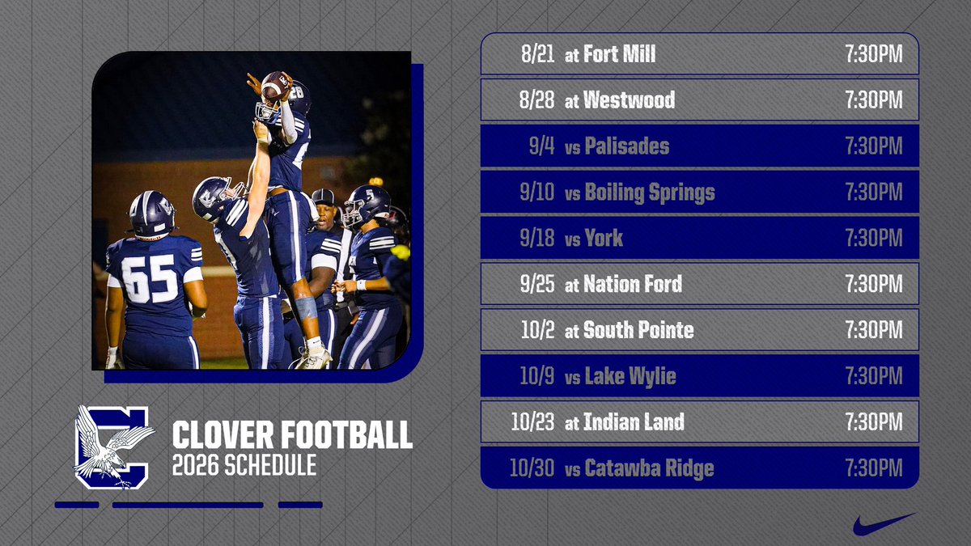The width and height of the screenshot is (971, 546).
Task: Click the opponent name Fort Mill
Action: [x=619, y=54]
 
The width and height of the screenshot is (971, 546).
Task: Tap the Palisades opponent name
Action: [x=626, y=146]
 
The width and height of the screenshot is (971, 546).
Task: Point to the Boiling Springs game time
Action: [x=873, y=193]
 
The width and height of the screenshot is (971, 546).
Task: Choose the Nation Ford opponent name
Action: [x=632, y=284]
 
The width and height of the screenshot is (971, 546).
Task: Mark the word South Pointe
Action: [x=638, y=330]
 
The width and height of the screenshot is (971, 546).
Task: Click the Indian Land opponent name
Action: [x=634, y=422]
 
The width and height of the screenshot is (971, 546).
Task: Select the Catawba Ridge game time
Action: [x=873, y=468]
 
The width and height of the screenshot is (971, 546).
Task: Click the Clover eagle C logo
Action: [x=113, y=447]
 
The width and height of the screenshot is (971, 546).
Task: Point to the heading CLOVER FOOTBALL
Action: [x=292, y=435]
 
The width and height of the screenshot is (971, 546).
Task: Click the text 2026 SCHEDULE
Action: [x=244, y=466]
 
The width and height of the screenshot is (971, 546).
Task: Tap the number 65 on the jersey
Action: [x=150, y=279]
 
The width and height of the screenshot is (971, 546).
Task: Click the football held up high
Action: [x=276, y=84]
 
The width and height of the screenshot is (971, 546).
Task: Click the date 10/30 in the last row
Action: [x=532, y=468]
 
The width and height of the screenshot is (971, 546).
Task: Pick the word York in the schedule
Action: [x=603, y=239]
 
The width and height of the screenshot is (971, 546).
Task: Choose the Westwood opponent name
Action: [x=629, y=100]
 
